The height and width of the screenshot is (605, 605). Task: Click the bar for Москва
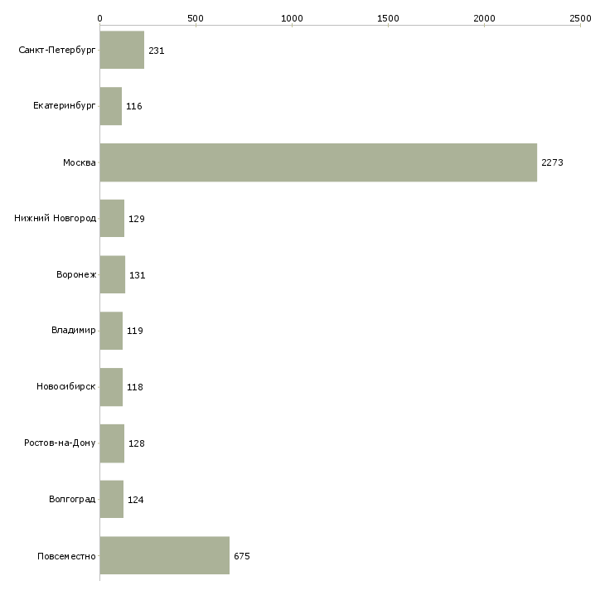[318, 162]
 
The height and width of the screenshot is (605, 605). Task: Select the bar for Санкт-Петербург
[122, 50]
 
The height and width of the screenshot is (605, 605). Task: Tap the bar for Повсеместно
[165, 555]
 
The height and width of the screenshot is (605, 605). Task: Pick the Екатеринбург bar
[111, 106]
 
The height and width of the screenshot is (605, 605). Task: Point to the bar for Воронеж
[112, 274]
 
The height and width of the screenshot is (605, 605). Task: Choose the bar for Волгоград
[112, 499]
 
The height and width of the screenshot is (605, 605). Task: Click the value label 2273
[552, 162]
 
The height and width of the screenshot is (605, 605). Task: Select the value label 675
[242, 556]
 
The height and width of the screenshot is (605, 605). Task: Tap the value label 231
[157, 51]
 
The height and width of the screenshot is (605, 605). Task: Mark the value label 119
[134, 331]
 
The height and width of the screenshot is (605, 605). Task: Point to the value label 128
[136, 443]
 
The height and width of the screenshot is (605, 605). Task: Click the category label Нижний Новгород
[56, 219]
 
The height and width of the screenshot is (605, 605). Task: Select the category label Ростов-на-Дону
[60, 443]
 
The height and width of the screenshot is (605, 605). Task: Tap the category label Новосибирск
[66, 386]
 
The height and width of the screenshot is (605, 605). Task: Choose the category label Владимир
[73, 331]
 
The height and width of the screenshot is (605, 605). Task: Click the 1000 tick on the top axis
[292, 18]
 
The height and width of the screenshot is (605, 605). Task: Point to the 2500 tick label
[580, 18]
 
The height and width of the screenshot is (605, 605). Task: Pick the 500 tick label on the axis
[196, 18]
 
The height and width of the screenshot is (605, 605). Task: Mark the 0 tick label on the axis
[100, 18]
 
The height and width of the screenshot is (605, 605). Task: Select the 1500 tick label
[388, 18]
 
